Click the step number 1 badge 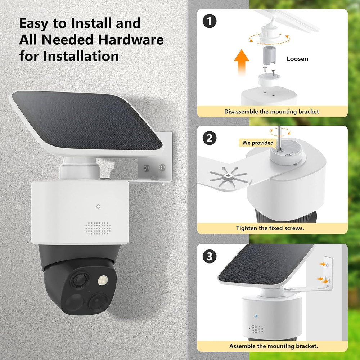(210, 21)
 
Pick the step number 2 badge (210, 138)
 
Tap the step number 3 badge (210, 256)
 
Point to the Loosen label (297, 59)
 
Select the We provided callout (258, 143)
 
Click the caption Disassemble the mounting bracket (271, 112)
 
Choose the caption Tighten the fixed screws (270, 228)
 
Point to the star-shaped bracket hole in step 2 (228, 176)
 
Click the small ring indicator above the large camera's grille (98, 207)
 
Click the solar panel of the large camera (86, 121)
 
